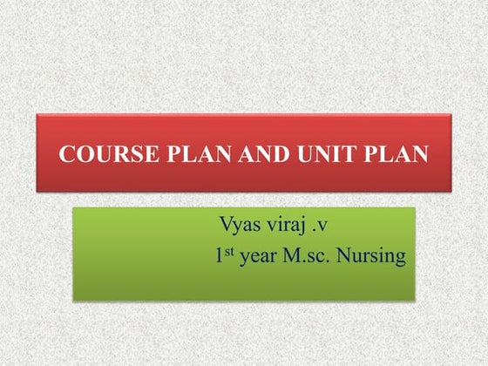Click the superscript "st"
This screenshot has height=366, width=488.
click(227, 253)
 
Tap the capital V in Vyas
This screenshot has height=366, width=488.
click(225, 227)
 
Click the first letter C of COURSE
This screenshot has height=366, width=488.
click(65, 156)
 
